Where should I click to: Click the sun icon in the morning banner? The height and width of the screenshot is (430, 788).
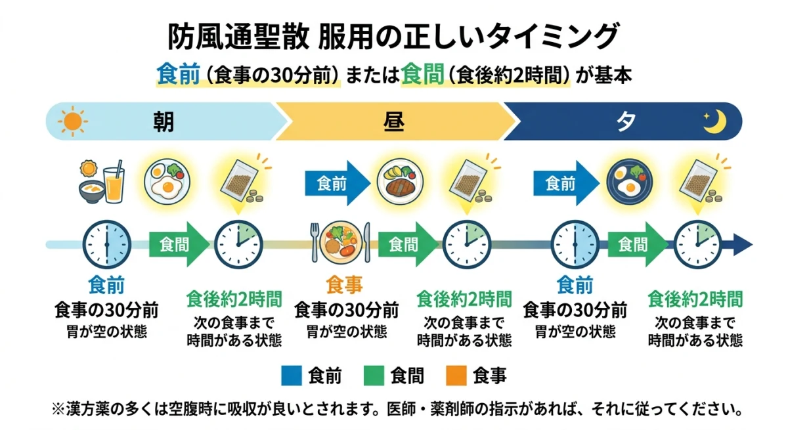click(x=72, y=121)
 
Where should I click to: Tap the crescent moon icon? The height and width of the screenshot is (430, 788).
click(x=713, y=121)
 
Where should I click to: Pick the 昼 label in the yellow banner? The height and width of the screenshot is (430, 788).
click(x=393, y=122)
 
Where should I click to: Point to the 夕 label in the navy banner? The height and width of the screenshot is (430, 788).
click(x=625, y=122)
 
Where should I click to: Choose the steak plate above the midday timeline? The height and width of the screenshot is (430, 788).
click(x=399, y=180)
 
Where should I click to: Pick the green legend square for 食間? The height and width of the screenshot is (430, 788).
click(x=372, y=376)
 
